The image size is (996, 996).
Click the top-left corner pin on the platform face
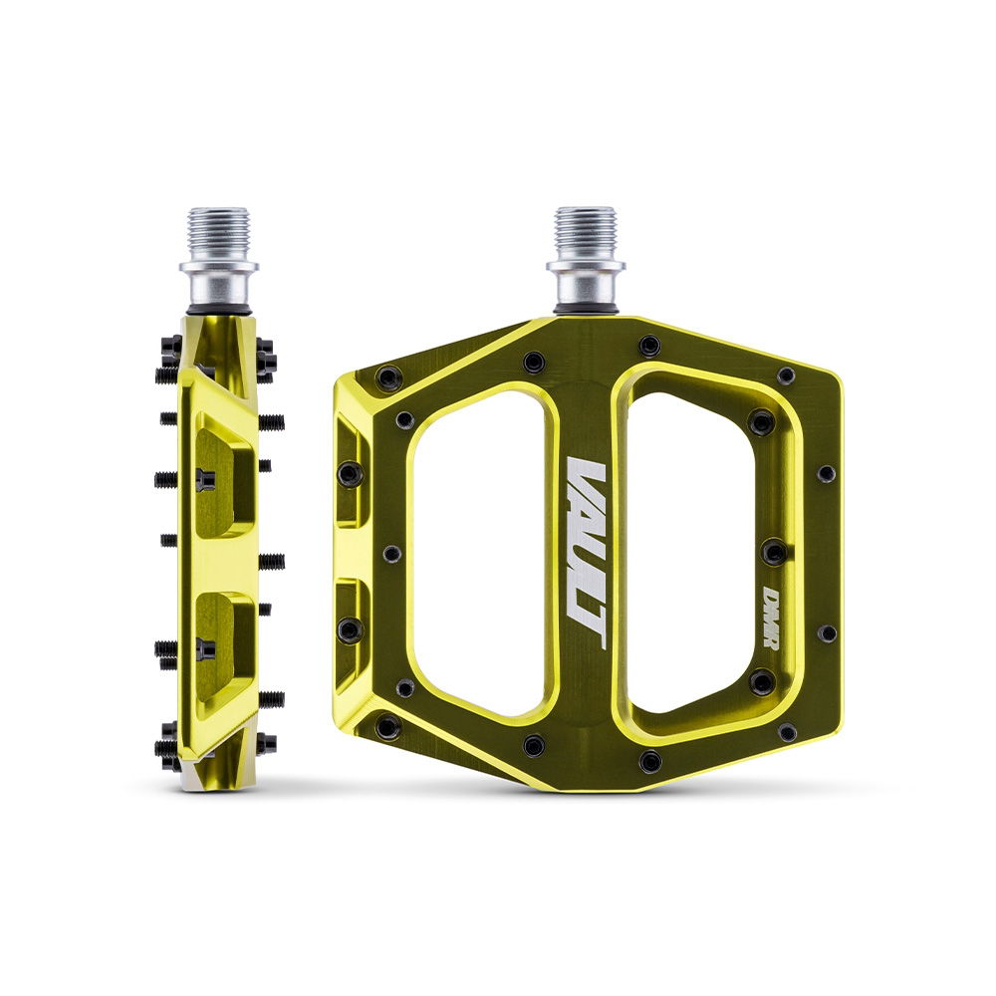(388, 378)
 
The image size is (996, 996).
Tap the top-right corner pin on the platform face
(786, 375)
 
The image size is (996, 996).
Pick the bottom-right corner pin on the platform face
(786, 732)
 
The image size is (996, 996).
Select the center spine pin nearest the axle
(649, 346)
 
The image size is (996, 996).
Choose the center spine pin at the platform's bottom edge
(649, 762)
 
